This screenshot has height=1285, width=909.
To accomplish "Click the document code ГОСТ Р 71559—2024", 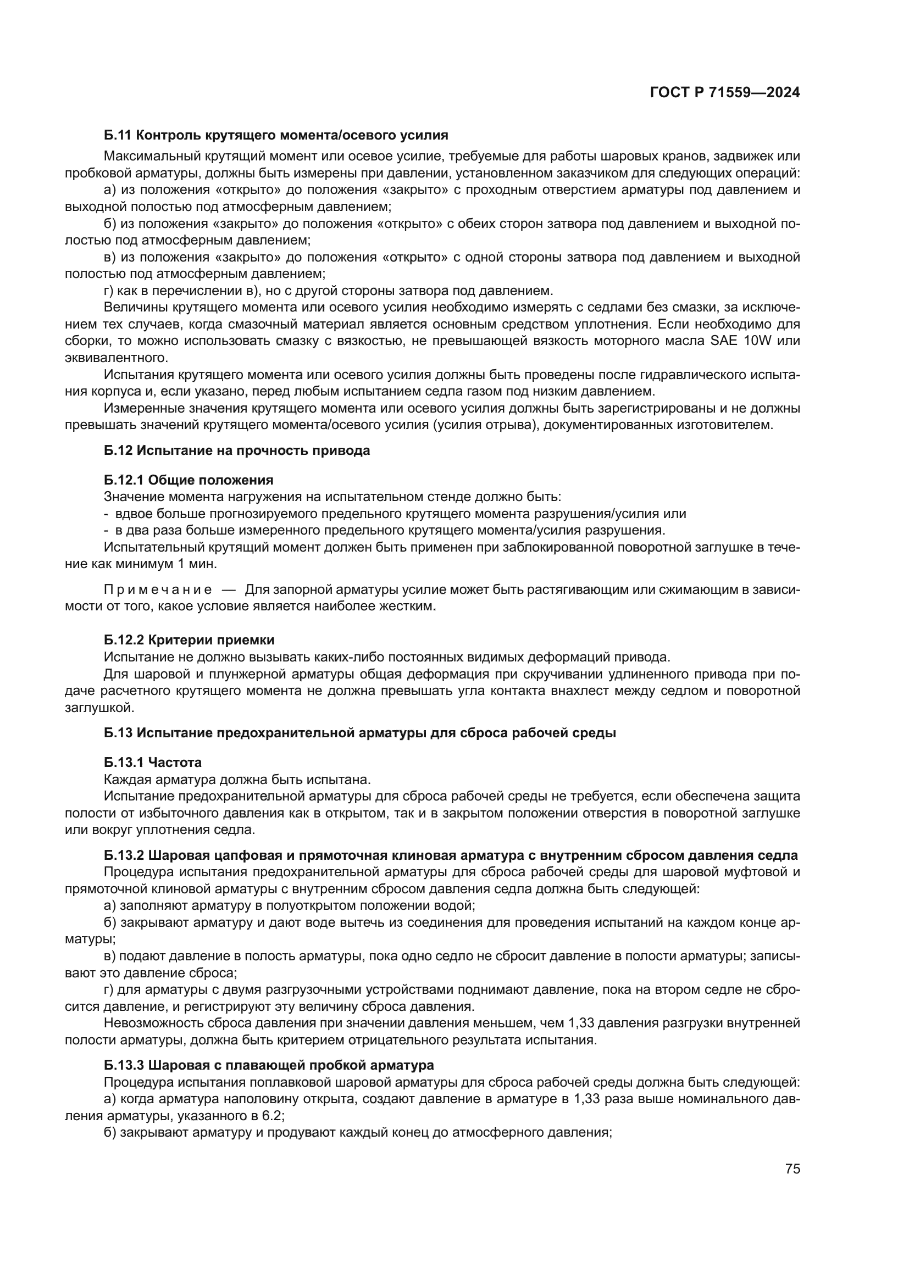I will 724,93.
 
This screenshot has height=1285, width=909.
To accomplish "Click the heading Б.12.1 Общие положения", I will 189,480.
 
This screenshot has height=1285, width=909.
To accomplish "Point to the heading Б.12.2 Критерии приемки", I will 189,639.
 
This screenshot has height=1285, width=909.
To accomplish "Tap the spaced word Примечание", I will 158,589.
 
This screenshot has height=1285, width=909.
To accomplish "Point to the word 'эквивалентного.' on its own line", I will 117,358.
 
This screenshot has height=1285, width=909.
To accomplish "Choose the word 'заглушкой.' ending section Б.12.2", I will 99,708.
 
